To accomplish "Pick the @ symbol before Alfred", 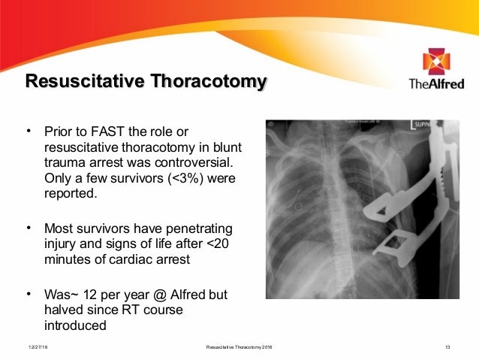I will click(x=156, y=295).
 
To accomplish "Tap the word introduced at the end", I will click(x=75, y=326).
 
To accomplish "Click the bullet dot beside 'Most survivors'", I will click(x=29, y=226).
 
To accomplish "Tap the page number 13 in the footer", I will click(x=448, y=347).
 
